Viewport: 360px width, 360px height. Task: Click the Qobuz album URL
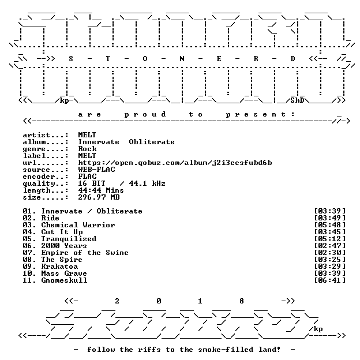(175, 163)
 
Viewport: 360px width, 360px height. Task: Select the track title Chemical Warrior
(78, 225)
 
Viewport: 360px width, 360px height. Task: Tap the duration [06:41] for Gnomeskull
(329, 280)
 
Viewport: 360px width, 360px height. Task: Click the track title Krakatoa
(59, 267)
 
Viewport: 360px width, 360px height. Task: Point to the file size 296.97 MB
(99, 197)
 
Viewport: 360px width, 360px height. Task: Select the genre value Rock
(87, 149)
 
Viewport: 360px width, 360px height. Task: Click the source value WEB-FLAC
(96, 170)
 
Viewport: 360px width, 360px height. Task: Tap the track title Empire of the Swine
(85, 253)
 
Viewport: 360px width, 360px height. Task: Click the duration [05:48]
(329, 225)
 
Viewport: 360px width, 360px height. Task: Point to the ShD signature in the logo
(297, 100)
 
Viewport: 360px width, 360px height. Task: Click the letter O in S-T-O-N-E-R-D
(145, 59)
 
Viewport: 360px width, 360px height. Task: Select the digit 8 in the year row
(242, 301)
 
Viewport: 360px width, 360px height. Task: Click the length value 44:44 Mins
(101, 190)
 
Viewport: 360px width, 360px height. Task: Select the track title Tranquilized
(69, 239)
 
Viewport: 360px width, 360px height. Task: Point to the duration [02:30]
(329, 253)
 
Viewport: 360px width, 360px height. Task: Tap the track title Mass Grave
(64, 273)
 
